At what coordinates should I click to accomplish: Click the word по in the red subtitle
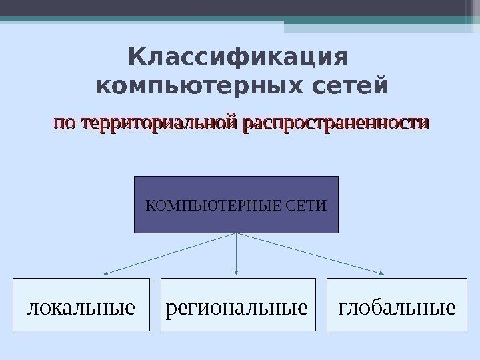[64, 124]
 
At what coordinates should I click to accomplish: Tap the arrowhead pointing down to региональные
[237, 271]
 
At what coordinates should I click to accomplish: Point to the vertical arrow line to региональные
[237, 252]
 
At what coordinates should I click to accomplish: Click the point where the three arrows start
[237, 233]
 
